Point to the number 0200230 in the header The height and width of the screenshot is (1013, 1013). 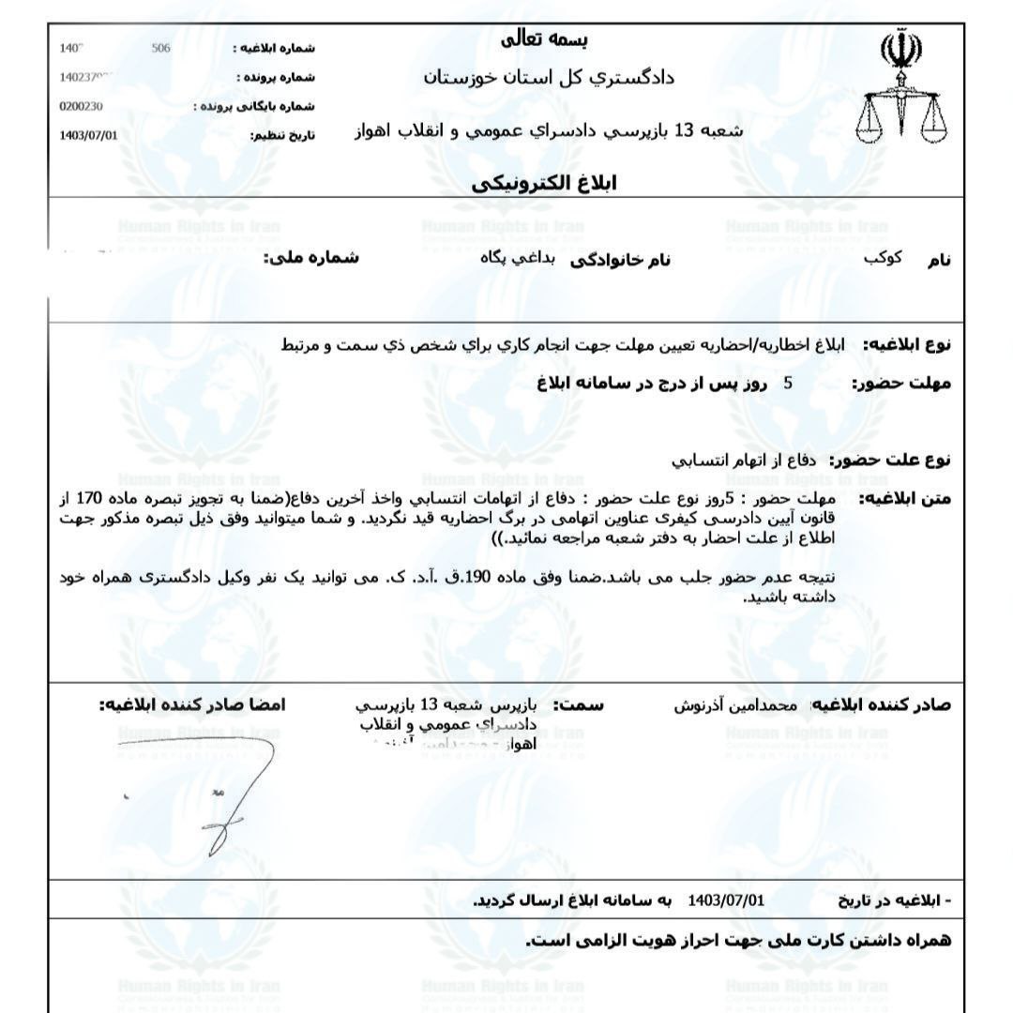tap(81, 106)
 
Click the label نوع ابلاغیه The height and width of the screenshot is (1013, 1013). tap(905, 345)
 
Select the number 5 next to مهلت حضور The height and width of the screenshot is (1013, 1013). tap(788, 383)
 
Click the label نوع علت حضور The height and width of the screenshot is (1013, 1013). tap(888, 460)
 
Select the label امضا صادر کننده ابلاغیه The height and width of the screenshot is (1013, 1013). tap(193, 704)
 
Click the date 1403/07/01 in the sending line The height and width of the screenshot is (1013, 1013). tap(726, 900)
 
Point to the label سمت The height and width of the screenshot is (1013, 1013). tap(579, 704)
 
